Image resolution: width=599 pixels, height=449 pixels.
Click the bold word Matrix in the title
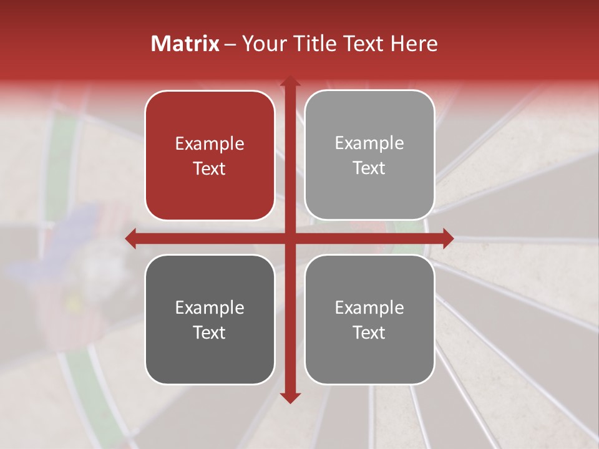point(185,44)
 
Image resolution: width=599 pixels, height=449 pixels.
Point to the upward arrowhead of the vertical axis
point(290,81)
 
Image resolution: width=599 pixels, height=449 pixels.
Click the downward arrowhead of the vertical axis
point(290,397)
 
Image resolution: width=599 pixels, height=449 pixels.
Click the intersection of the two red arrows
point(290,238)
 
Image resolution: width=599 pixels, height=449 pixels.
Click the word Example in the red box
point(210,143)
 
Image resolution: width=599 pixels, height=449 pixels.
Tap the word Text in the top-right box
point(369,168)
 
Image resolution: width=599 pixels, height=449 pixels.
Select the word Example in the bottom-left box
point(210,307)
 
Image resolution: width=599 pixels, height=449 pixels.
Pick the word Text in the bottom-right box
point(369,332)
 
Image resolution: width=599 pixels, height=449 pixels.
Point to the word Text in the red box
point(210,168)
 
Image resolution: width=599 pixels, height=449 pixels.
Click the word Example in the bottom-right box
point(369,307)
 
